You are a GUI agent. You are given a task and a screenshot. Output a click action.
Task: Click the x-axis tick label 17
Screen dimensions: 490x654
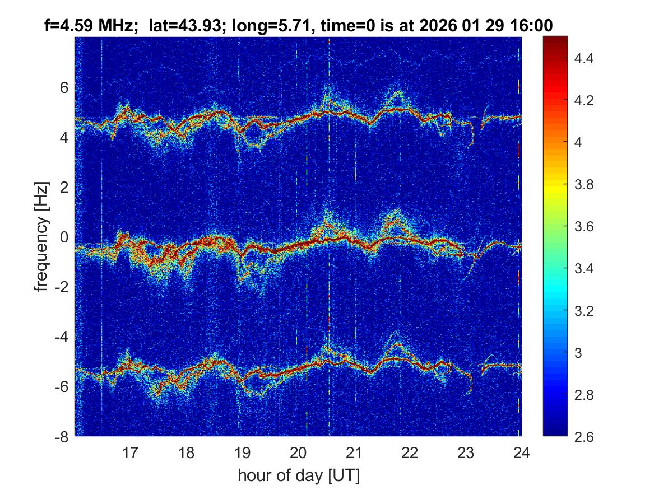[x=131, y=452]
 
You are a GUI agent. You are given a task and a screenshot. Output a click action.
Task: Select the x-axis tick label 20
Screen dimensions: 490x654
[x=298, y=452]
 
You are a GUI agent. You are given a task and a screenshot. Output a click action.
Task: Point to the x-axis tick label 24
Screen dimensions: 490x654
[x=521, y=452]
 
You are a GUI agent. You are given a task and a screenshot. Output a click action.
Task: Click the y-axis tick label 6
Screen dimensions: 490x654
[x=64, y=87]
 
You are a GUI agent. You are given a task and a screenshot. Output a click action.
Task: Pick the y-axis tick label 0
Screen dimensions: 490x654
[x=64, y=237]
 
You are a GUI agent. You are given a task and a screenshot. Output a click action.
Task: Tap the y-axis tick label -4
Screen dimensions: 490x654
[x=61, y=338]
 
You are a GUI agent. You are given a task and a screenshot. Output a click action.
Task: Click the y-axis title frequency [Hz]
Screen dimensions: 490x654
[x=40, y=236]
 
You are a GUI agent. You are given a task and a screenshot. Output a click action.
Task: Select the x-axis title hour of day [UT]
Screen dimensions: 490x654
[x=298, y=476]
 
